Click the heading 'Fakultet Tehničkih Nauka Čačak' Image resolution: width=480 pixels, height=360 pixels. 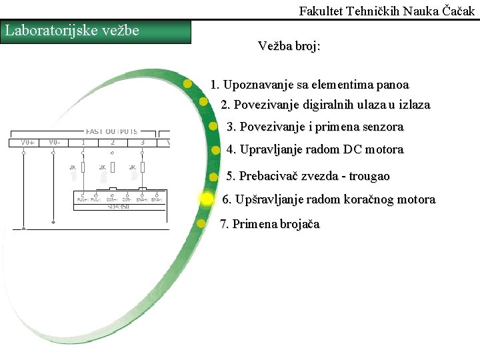point(387,11)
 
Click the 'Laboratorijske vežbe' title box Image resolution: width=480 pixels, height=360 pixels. point(96,31)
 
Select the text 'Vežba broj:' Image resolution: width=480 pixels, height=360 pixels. point(289,47)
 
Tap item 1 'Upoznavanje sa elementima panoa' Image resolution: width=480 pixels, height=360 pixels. point(309,85)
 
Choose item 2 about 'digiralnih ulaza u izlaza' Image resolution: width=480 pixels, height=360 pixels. point(325,105)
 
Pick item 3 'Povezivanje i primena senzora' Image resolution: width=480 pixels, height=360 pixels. point(315,127)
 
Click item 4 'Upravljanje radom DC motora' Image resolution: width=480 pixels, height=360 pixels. point(315,149)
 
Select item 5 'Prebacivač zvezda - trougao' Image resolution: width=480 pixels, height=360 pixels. point(308,176)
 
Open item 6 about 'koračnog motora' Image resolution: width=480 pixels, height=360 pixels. point(328,199)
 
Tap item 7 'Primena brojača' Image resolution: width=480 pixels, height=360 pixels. point(269,224)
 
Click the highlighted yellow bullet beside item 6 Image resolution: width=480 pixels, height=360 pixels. point(207,199)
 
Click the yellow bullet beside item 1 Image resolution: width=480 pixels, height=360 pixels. point(188,84)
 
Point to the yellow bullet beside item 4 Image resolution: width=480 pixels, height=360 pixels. point(215,150)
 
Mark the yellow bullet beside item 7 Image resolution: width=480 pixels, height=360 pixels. point(201,223)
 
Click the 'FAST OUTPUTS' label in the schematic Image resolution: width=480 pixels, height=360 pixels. point(112,131)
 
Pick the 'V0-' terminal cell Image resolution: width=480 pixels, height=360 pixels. point(55,142)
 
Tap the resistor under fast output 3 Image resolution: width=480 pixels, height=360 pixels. point(142,168)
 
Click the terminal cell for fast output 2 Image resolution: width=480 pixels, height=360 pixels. point(112,142)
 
